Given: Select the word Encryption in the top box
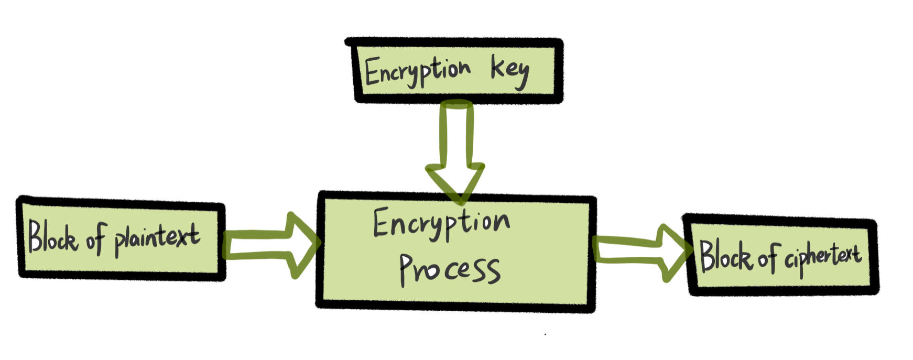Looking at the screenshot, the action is (418, 71).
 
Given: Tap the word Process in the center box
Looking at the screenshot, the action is (449, 269).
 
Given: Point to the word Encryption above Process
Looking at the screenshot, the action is (441, 223).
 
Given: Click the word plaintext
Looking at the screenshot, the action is (157, 239).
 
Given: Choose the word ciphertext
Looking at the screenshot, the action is (822, 257).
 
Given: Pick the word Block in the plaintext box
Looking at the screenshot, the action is (52, 237).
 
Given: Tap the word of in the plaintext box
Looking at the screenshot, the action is (96, 239).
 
